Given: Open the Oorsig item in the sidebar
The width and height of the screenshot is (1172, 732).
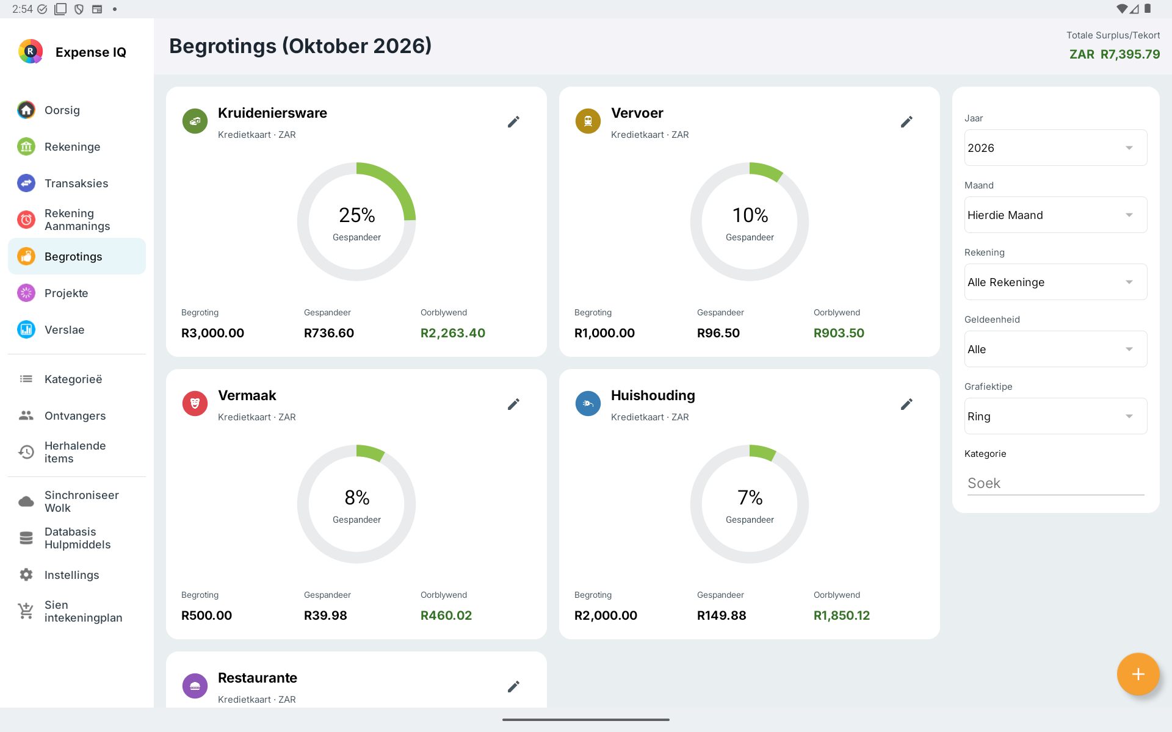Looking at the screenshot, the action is [x=62, y=110].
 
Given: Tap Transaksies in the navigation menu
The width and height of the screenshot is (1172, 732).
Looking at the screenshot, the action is [x=76, y=184].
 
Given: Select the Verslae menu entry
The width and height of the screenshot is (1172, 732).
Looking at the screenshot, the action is [x=65, y=330].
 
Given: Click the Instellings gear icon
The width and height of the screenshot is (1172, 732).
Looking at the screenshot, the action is [x=26, y=575].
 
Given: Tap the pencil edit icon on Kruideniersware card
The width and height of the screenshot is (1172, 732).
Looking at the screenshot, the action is [x=514, y=122].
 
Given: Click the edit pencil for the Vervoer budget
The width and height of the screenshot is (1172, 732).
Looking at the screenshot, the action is [x=907, y=122].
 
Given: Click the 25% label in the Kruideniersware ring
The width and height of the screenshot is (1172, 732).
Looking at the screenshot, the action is [x=357, y=215].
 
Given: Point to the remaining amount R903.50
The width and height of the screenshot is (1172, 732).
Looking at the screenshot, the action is [x=839, y=333].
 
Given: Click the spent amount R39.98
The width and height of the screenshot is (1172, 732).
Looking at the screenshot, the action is [x=325, y=615].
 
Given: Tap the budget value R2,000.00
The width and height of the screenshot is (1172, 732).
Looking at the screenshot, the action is [x=606, y=615].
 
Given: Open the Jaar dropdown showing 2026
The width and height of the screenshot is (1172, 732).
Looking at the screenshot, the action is [x=1056, y=148].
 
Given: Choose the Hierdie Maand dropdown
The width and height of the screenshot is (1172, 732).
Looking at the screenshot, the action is [x=1056, y=215].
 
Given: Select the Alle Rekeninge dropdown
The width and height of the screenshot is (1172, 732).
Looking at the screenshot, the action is [x=1056, y=282].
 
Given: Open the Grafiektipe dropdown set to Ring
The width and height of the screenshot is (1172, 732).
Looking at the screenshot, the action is [x=1056, y=416].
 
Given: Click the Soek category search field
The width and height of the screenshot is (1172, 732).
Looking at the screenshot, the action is [x=1056, y=483].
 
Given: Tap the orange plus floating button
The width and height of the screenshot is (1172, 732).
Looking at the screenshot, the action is [x=1138, y=674].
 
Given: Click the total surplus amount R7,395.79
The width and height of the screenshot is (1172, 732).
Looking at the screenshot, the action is [x=1130, y=54].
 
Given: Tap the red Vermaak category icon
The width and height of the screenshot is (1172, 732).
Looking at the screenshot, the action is [x=195, y=403].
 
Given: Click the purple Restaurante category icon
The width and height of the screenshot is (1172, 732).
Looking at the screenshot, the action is [x=195, y=686].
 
